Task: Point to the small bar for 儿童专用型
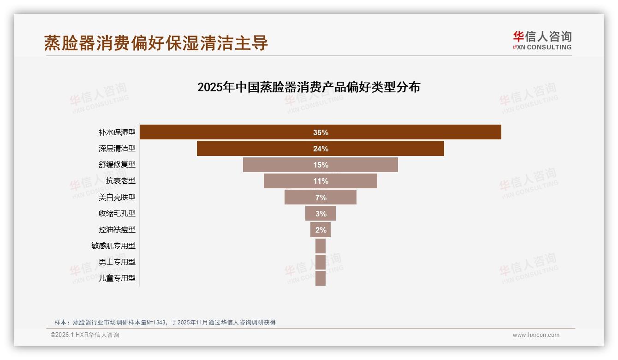point(321,278)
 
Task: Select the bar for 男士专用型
point(321,262)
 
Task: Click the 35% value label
point(321,132)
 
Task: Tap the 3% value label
point(321,214)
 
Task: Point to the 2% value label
point(321,230)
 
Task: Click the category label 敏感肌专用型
point(113,246)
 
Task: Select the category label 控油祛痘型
point(117,229)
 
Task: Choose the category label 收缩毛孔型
point(117,213)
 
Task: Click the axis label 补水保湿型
point(117,132)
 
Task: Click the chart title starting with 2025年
point(309,87)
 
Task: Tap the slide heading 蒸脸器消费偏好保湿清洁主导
point(156,43)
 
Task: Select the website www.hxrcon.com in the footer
point(536,335)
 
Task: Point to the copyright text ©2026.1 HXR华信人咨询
point(85,335)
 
